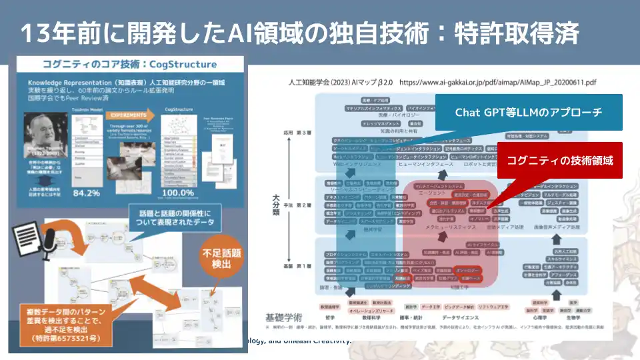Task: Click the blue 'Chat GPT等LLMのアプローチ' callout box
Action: point(529,111)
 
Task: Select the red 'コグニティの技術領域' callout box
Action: point(559,160)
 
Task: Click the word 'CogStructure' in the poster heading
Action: point(185,64)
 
